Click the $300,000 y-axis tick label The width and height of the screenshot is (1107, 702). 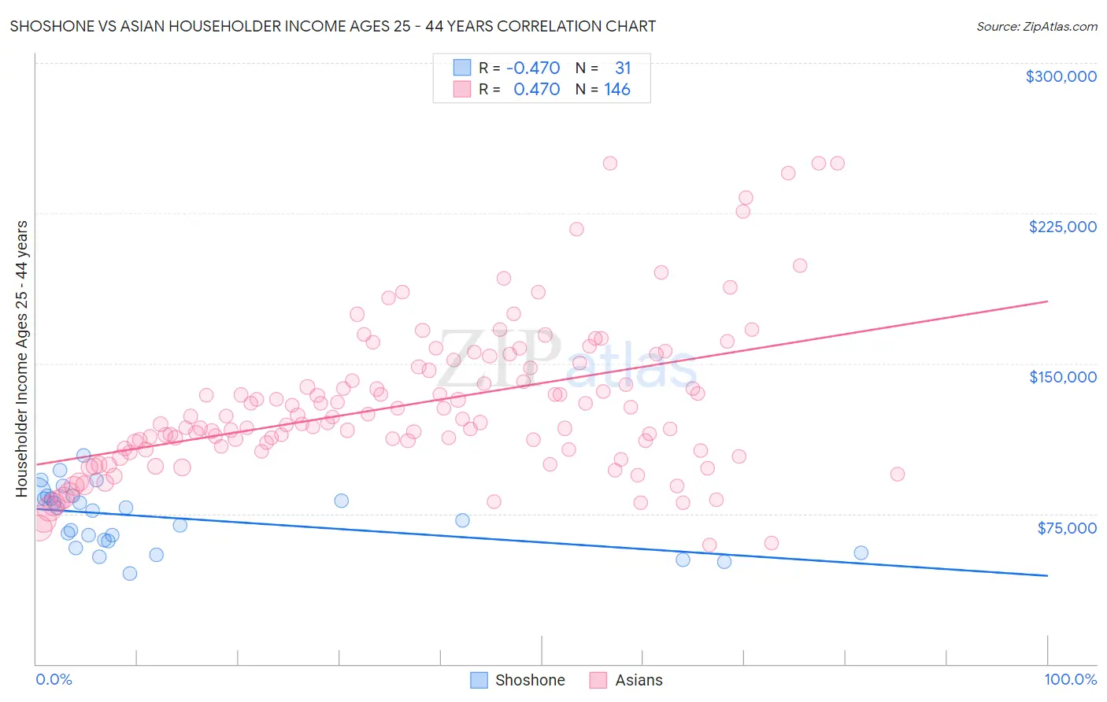(x=1061, y=76)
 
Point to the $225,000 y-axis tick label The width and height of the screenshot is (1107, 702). (x=1062, y=227)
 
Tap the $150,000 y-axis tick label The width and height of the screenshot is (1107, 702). (x=1062, y=377)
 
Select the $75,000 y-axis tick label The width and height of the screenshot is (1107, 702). (x=1066, y=528)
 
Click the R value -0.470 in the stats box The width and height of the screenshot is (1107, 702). (x=533, y=68)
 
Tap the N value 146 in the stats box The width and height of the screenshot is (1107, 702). (x=617, y=90)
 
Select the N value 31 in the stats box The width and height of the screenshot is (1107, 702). (x=623, y=68)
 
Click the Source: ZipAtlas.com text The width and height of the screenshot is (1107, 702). (x=1036, y=27)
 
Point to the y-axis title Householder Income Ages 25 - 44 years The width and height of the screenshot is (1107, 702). (x=22, y=359)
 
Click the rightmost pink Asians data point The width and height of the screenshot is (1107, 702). (x=897, y=474)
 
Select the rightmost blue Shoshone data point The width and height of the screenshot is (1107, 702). (x=861, y=553)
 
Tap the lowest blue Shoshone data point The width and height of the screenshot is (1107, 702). (x=130, y=573)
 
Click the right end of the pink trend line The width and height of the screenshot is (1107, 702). (x=1047, y=301)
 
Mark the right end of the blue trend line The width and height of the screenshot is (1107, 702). (x=1047, y=576)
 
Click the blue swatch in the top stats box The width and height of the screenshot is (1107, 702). (x=462, y=68)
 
